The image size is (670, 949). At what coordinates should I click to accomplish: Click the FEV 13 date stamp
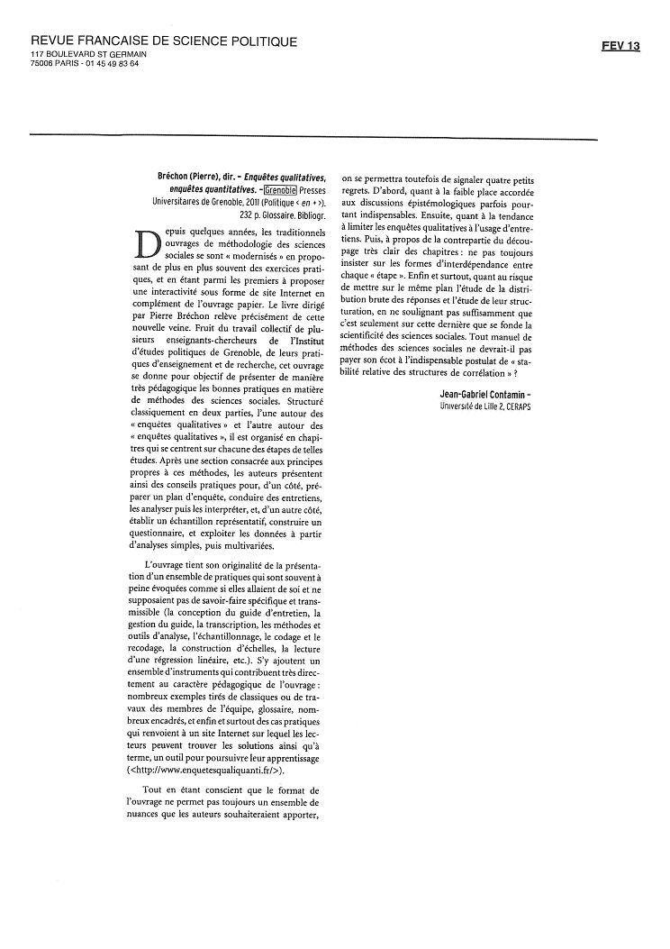click(x=620, y=46)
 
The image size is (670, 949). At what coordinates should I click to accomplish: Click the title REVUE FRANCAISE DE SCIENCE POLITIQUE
click(x=164, y=42)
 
